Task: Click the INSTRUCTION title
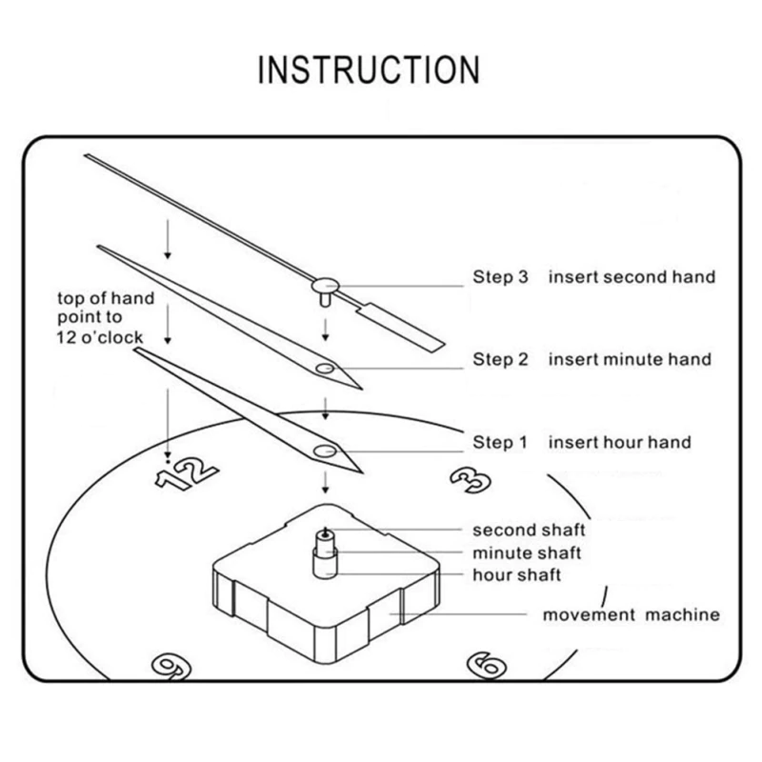click(x=370, y=70)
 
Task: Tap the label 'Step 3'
click(x=500, y=277)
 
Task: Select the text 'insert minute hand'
click(x=629, y=359)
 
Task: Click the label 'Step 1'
click(x=500, y=442)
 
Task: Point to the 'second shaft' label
click(x=529, y=530)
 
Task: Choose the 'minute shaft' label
click(x=527, y=552)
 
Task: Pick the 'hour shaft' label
click(x=517, y=574)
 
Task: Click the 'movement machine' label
click(x=631, y=614)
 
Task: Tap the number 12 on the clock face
click(x=188, y=471)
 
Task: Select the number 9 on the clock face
click(x=168, y=666)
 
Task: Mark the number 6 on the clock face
click(x=486, y=664)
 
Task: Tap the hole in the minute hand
click(x=325, y=367)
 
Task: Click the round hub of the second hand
click(x=326, y=283)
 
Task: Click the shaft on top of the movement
click(x=325, y=551)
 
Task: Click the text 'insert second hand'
click(x=631, y=277)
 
